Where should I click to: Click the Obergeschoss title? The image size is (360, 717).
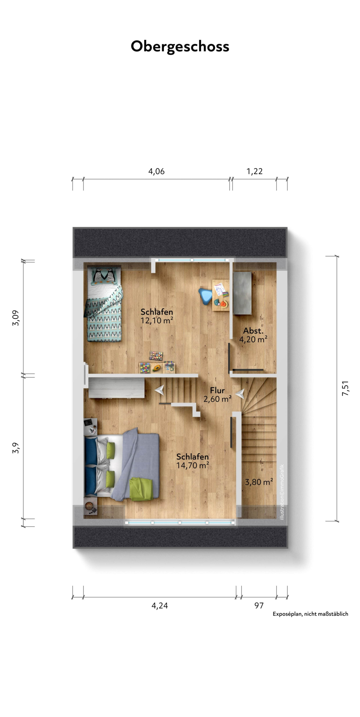(180, 46)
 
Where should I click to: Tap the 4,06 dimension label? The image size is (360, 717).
(156, 171)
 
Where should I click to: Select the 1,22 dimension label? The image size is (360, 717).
(255, 171)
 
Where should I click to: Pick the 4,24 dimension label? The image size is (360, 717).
(159, 606)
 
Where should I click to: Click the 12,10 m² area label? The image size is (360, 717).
(157, 321)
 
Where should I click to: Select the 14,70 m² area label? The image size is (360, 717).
(192, 465)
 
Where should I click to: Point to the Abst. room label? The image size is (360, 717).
(253, 331)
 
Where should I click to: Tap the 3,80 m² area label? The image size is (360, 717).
(259, 482)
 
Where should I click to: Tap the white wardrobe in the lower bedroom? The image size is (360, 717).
(117, 388)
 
